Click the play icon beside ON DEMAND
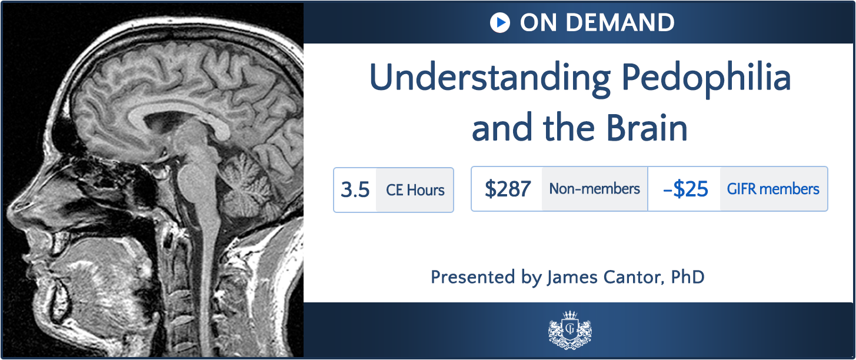tap(499, 23)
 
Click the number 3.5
tap(355, 190)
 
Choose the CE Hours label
tap(415, 190)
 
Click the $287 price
tap(508, 189)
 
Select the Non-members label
tap(594, 189)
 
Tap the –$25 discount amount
tap(685, 189)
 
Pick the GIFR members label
tap(773, 189)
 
